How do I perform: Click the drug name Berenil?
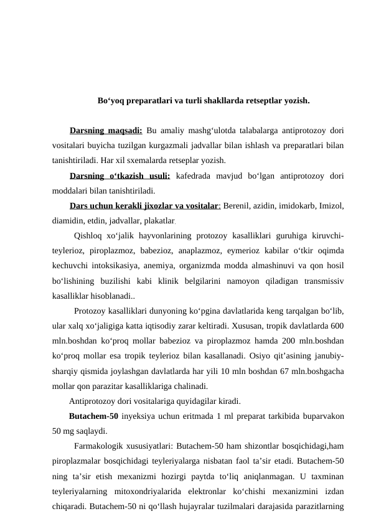tap(239, 205)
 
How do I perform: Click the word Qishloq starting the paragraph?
tap(89, 235)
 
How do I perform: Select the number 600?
tap(337, 340)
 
